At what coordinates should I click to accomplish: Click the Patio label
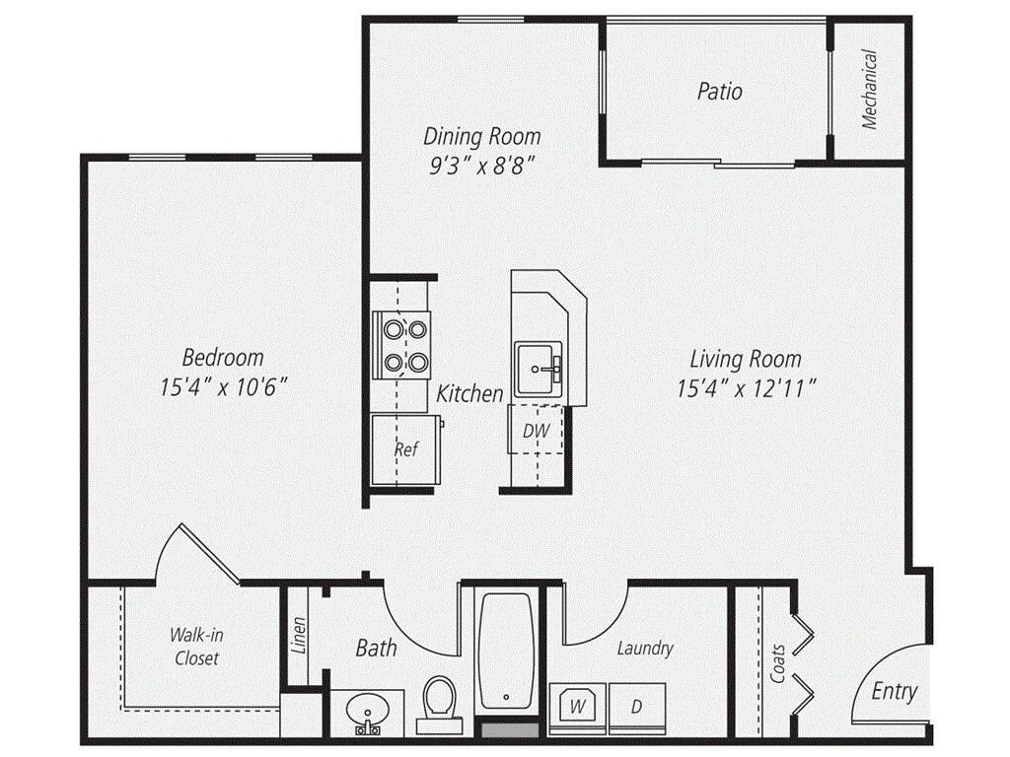pos(719,91)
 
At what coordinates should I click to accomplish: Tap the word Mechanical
pos(869,90)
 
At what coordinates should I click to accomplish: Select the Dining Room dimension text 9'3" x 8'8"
pos(483,166)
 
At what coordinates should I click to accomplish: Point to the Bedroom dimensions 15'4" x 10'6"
pos(223,386)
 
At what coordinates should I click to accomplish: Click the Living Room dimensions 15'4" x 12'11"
pos(747,388)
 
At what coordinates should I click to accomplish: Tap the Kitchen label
pos(469,393)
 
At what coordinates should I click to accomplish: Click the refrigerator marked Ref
pos(406,448)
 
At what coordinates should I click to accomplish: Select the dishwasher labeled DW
pos(536,430)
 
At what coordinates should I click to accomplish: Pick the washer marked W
pos(577,707)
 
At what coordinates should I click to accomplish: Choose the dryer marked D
pos(636,707)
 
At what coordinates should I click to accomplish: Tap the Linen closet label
pos(299,636)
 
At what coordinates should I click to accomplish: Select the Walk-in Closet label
pos(196,647)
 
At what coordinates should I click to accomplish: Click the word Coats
pos(778,663)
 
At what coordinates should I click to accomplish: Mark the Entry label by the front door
pos(894,691)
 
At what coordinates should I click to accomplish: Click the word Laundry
pos(645,648)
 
